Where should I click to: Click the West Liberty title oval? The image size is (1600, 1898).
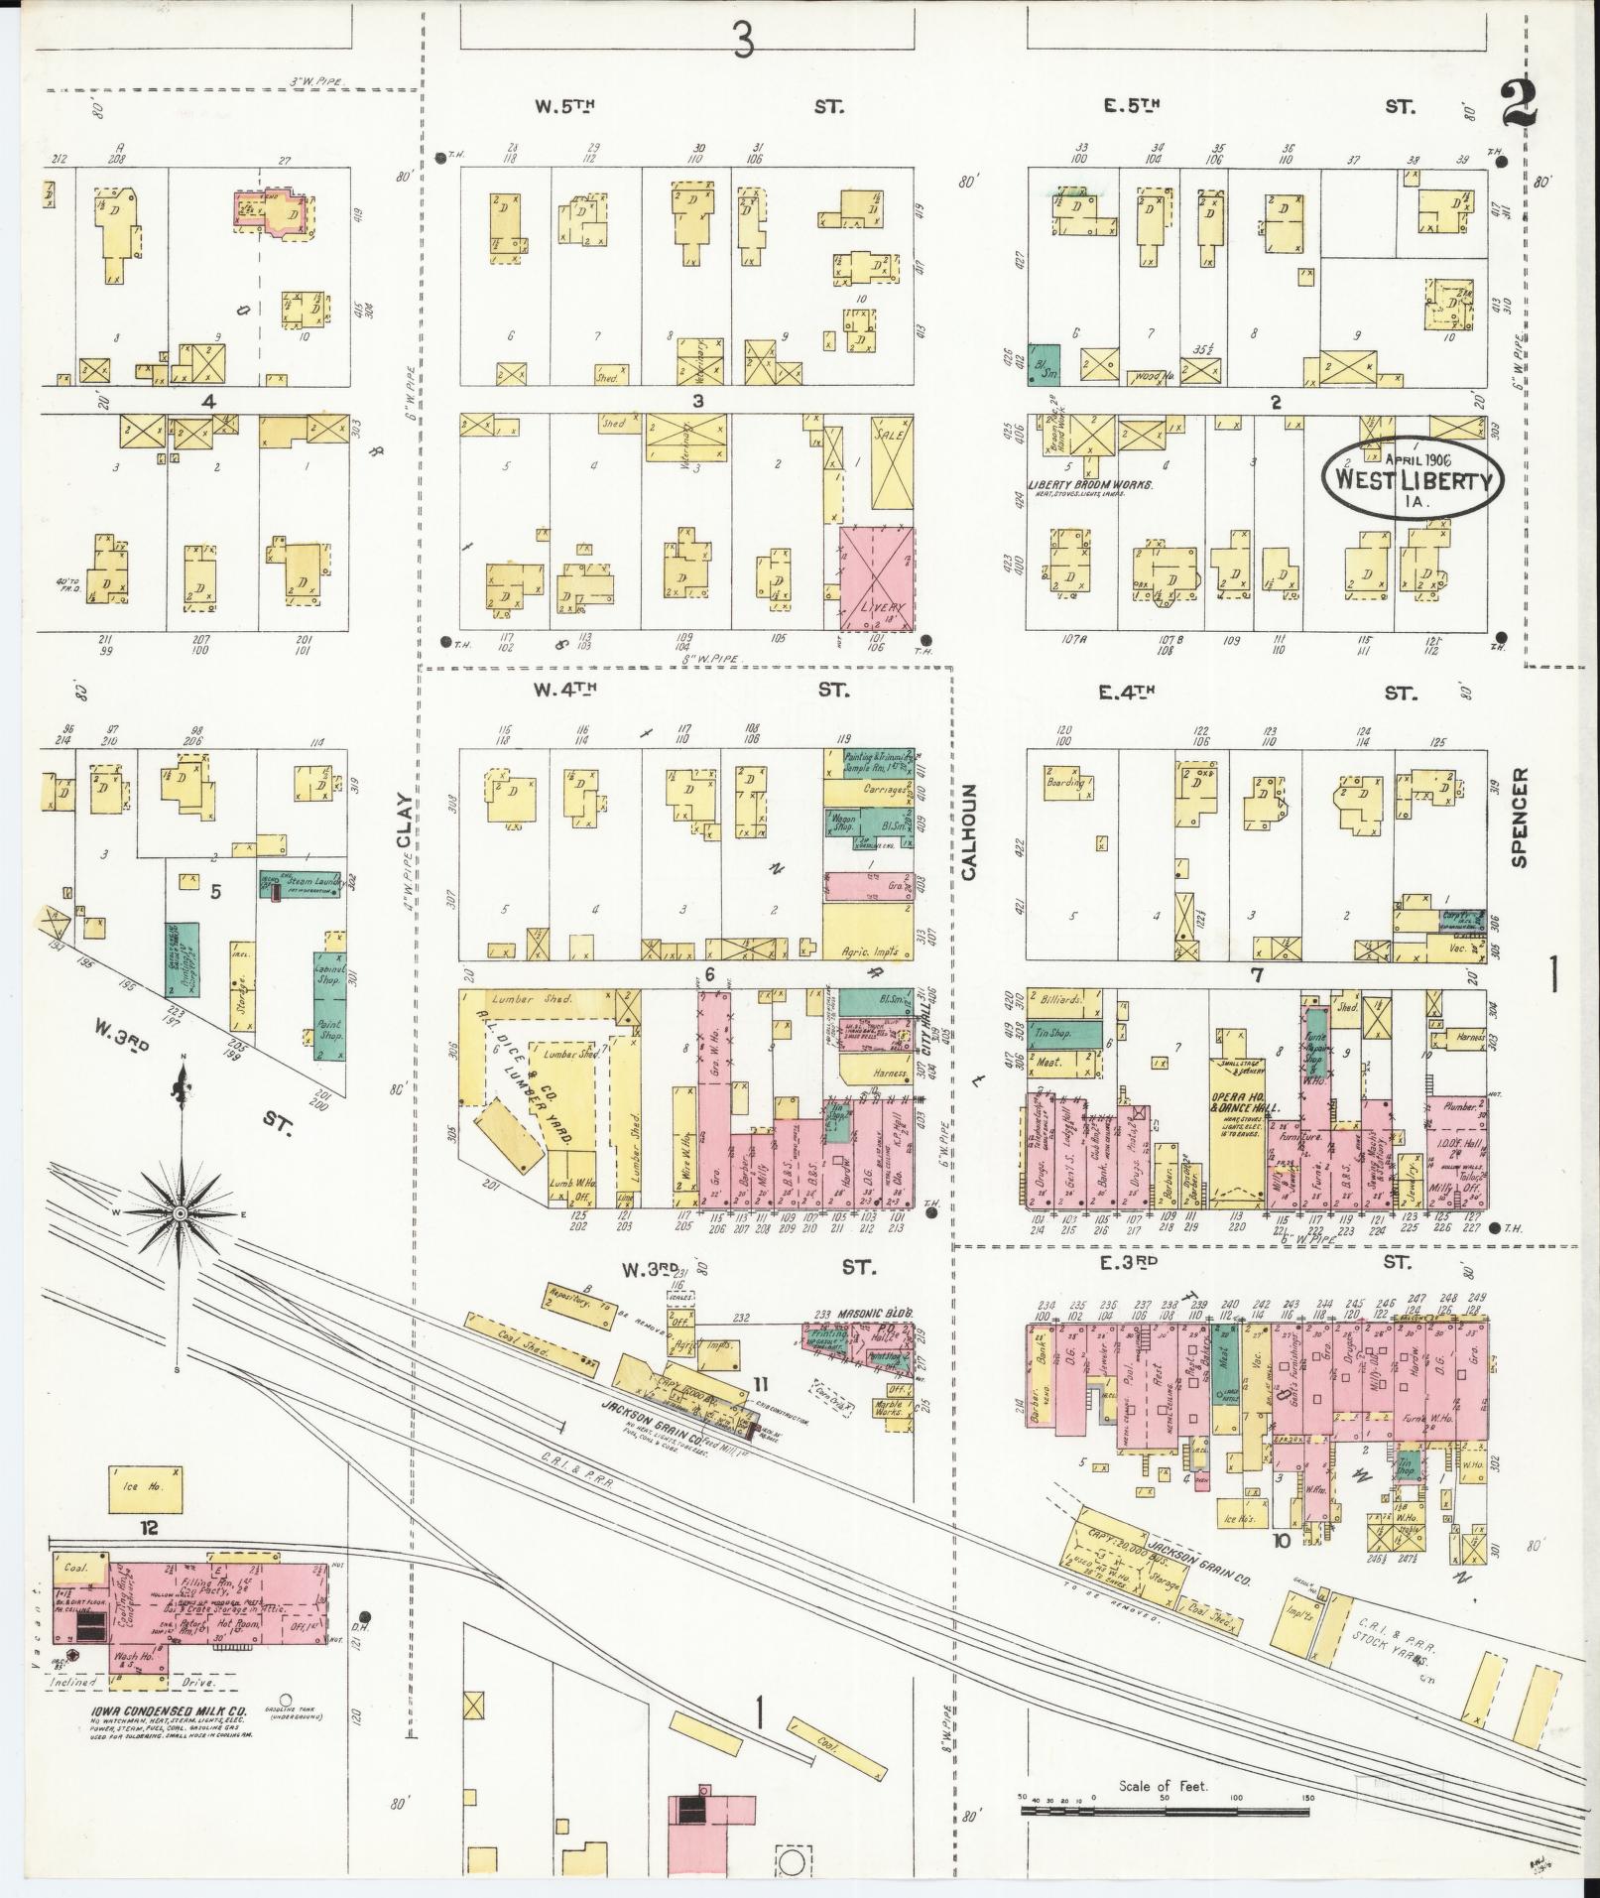pyautogui.click(x=1413, y=477)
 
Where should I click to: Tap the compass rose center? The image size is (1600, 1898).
pyautogui.click(x=180, y=1213)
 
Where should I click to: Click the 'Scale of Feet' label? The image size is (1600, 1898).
pyautogui.click(x=1162, y=1786)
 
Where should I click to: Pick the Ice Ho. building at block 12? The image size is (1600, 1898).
pyautogui.click(x=145, y=1489)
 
